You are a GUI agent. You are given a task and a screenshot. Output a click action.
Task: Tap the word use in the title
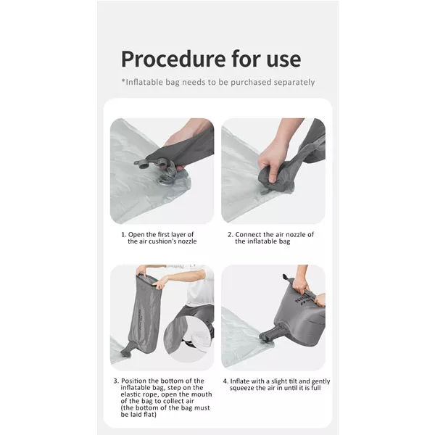pos(283,59)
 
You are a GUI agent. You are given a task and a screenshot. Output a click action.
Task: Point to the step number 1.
pos(123,235)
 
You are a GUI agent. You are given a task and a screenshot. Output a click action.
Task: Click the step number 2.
pos(231,235)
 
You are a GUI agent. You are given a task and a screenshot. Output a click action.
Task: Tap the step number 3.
pos(116,381)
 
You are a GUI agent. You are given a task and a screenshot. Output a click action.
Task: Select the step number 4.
pos(225,381)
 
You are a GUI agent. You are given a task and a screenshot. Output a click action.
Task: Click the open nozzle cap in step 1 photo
pos(143,163)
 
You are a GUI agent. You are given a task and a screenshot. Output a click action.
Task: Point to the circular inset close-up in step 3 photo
pos(186,339)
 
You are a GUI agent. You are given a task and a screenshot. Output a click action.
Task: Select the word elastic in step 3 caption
pos(130,394)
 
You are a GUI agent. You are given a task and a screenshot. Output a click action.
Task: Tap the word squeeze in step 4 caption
pos(241,388)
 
